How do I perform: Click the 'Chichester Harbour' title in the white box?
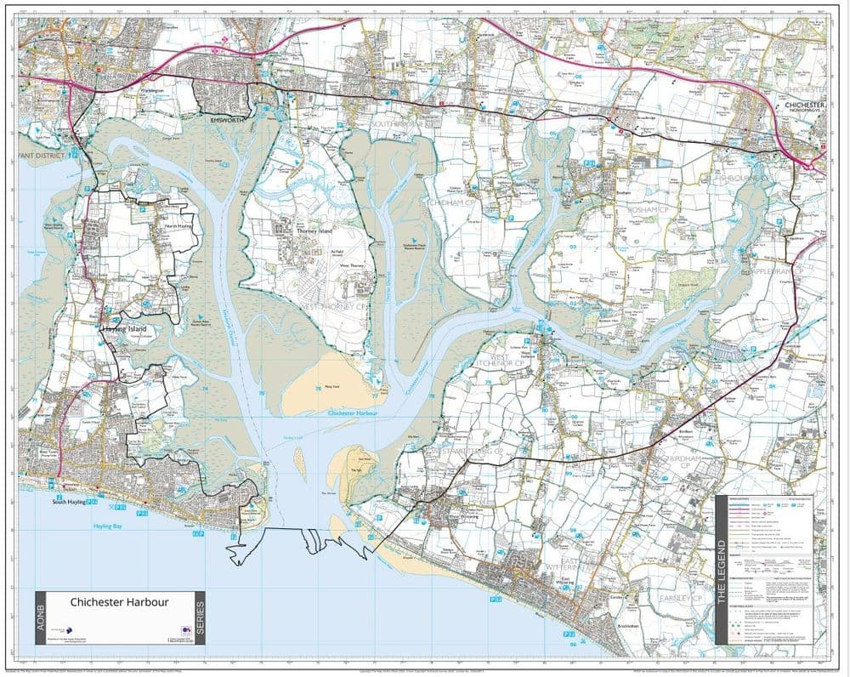tap(120, 601)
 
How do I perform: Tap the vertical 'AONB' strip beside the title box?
tap(42, 617)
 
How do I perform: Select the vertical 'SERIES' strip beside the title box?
tap(201, 617)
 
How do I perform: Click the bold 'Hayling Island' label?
tap(125, 328)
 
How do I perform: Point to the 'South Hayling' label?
tap(71, 503)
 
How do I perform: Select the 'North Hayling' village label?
tap(178, 227)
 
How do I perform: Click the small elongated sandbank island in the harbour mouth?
tap(299, 459)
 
